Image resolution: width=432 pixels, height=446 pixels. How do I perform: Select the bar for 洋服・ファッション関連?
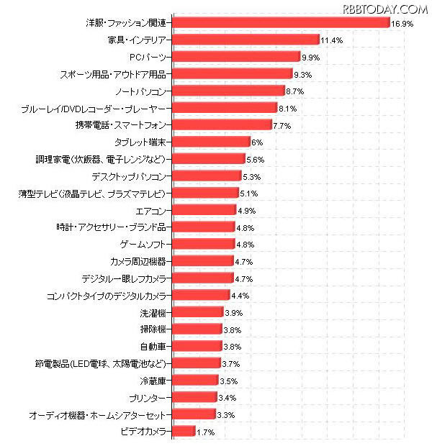pos(281,22)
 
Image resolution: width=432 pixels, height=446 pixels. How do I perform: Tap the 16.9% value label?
pos(402,24)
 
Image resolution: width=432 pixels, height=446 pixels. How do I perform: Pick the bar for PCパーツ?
pos(236,56)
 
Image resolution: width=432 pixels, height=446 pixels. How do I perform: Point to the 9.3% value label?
pos(304,75)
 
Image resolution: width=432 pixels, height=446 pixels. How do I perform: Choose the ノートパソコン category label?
pos(143,91)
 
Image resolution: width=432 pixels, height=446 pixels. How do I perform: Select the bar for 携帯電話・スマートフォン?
pos(222,124)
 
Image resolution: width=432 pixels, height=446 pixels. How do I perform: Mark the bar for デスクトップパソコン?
pos(207,176)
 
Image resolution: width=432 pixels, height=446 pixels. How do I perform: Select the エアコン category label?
pos(152,210)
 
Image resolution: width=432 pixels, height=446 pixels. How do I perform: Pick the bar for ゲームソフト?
pos(204,244)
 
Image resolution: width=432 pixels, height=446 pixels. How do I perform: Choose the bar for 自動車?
pos(197,347)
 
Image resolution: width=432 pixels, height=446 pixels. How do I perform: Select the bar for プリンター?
pos(195,397)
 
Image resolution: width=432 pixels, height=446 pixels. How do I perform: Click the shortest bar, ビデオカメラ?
pos(184,431)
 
